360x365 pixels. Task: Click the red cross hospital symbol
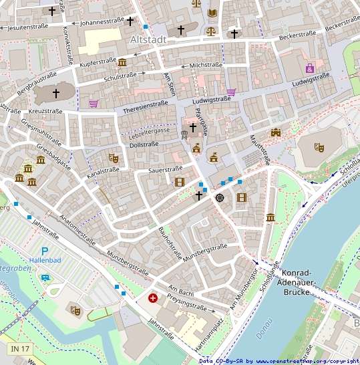[154, 297]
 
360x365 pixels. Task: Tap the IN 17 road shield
[20, 349]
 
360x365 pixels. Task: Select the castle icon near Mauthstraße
[276, 132]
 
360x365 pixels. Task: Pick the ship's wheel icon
[220, 197]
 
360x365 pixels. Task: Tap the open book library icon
[212, 13]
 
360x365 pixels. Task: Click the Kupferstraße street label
[98, 62]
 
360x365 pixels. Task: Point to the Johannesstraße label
[102, 23]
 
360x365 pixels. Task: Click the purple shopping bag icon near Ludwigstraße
[310, 68]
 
